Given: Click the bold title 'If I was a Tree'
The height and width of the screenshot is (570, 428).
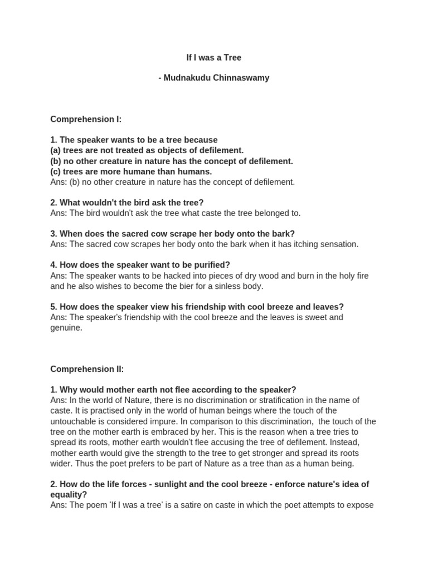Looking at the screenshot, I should (x=213, y=57).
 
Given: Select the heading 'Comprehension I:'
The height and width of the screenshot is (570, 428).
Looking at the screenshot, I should (x=86, y=119).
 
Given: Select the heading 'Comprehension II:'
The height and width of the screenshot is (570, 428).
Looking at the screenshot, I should (x=87, y=369).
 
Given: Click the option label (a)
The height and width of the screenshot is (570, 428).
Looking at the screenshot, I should (x=55, y=150).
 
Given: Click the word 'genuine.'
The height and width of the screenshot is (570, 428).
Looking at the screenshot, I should (x=66, y=328).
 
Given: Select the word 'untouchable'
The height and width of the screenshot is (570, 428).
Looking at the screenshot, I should (x=73, y=421).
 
